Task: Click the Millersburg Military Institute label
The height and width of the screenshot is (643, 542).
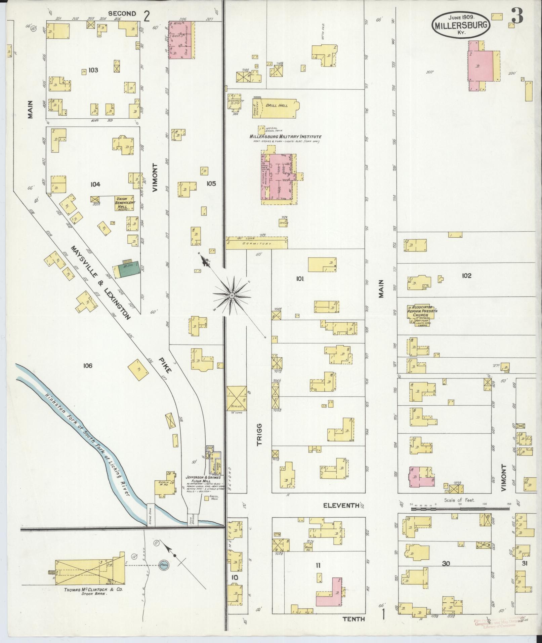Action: pos(285,137)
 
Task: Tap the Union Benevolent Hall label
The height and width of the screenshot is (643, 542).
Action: pos(125,203)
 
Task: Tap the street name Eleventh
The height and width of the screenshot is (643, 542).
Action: pos(341,505)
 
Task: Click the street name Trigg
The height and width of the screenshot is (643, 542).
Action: pos(259,434)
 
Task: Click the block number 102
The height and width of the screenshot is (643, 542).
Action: pos(466,276)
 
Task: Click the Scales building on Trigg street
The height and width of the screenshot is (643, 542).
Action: pos(237,398)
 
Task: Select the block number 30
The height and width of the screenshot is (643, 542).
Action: pos(446,564)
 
